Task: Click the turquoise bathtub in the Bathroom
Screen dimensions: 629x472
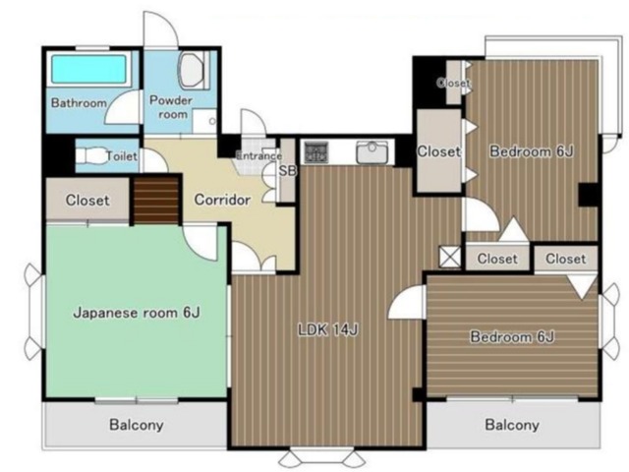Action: point(88,69)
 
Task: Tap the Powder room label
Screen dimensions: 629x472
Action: point(171,107)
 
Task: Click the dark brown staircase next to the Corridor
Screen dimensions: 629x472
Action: point(156,200)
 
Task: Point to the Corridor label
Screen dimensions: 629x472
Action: point(222,200)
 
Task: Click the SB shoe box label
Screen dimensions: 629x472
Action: point(288,171)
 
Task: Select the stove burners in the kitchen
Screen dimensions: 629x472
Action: point(316,152)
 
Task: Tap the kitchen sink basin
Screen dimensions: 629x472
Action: point(372,152)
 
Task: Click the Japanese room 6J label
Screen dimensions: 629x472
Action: point(137,313)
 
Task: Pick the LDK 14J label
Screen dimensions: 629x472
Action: point(327,329)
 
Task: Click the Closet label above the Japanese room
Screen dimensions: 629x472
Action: point(87,200)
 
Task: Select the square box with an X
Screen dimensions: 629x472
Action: point(450,257)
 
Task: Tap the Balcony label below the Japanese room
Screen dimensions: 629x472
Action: point(137,425)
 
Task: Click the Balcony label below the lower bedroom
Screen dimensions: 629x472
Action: point(512,425)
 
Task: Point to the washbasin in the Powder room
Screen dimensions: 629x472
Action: point(191,70)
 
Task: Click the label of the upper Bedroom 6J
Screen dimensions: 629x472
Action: point(532,151)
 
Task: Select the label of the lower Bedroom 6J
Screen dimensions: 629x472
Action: point(512,336)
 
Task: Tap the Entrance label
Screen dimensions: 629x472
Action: point(258,155)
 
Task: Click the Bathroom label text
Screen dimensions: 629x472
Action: point(79,103)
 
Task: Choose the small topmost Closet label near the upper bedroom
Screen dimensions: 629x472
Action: point(453,83)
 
